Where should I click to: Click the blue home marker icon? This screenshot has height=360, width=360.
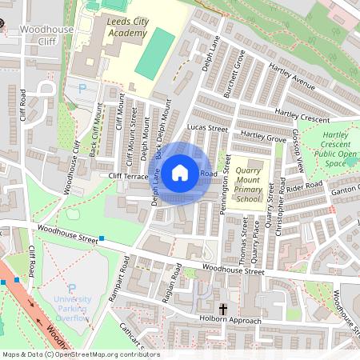tap(180, 172)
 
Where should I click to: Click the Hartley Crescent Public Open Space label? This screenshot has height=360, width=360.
tap(335, 150)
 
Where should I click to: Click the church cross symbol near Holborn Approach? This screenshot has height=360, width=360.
tap(222, 308)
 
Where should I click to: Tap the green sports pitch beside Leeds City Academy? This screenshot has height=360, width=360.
tap(154, 53)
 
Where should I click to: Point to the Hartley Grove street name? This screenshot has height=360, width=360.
tap(262, 137)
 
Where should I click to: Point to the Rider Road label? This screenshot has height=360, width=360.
tap(305, 186)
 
